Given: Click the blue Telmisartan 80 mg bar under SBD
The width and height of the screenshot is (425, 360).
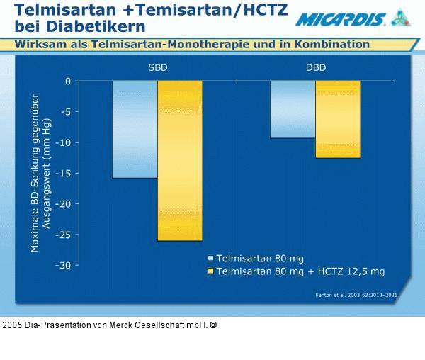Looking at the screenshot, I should click(135, 129).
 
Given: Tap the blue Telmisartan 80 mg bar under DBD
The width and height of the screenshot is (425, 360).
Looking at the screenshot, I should click(293, 109).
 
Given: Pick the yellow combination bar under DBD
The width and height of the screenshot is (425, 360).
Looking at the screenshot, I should click(337, 119).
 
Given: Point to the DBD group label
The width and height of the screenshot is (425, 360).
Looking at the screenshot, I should click(315, 68).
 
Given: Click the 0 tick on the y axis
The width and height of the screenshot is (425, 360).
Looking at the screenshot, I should click(68, 81).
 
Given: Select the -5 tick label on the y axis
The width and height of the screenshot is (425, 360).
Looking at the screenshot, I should click(65, 112).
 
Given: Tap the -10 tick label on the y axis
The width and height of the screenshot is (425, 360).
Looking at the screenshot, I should click(63, 143).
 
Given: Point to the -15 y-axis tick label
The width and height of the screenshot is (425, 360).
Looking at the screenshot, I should click(63, 174).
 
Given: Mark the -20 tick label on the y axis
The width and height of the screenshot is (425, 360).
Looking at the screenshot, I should click(63, 204).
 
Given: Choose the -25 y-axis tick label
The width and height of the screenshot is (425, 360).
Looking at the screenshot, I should click(63, 235).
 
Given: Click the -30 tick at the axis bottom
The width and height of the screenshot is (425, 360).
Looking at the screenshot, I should click(63, 266).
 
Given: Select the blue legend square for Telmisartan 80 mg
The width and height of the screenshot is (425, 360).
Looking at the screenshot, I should click(210, 259).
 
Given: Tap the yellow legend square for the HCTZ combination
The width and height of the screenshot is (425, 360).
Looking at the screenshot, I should click(210, 271).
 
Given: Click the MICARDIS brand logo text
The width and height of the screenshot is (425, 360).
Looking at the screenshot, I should click(341, 19).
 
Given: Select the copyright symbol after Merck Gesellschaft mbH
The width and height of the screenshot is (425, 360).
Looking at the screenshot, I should click(213, 325).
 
